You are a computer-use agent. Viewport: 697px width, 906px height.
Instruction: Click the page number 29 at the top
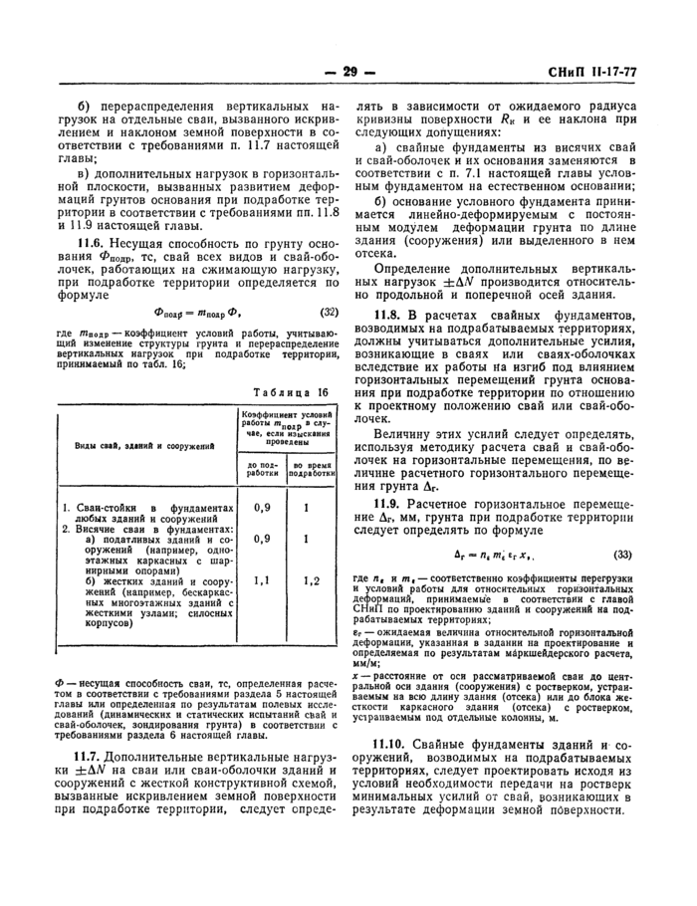click(348, 72)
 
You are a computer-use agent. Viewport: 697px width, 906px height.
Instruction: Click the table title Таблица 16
click(294, 393)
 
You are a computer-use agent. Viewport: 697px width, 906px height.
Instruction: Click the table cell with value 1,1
click(262, 578)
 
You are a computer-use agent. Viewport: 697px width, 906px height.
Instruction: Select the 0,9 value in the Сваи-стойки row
click(262, 507)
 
